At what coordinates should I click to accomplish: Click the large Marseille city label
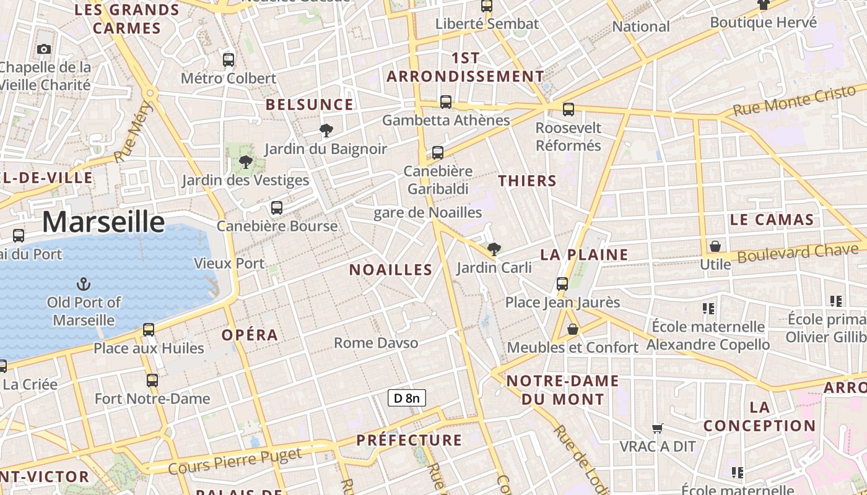pyautogui.click(x=103, y=222)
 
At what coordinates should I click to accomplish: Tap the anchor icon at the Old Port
pyautogui.click(x=84, y=284)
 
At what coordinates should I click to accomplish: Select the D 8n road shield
pyautogui.click(x=407, y=398)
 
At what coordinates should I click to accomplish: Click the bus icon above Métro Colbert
pyautogui.click(x=229, y=60)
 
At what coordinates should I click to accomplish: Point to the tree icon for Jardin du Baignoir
pyautogui.click(x=326, y=130)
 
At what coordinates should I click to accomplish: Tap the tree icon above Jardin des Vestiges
pyautogui.click(x=245, y=162)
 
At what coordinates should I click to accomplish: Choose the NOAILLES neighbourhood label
pyautogui.click(x=391, y=270)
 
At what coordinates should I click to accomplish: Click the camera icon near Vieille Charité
pyautogui.click(x=44, y=49)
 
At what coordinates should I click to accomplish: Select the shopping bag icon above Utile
pyautogui.click(x=715, y=246)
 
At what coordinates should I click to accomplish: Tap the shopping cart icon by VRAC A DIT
pyautogui.click(x=658, y=428)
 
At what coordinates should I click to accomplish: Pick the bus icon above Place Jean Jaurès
pyautogui.click(x=562, y=284)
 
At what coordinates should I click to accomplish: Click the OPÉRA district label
pyautogui.click(x=250, y=335)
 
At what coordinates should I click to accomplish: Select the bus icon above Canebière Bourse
pyautogui.click(x=277, y=208)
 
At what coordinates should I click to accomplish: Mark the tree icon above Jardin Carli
pyautogui.click(x=494, y=249)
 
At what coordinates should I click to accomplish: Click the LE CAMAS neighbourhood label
pyautogui.click(x=772, y=220)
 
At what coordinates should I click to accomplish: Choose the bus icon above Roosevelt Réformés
pyautogui.click(x=568, y=110)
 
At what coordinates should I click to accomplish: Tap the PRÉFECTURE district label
pyautogui.click(x=409, y=441)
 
